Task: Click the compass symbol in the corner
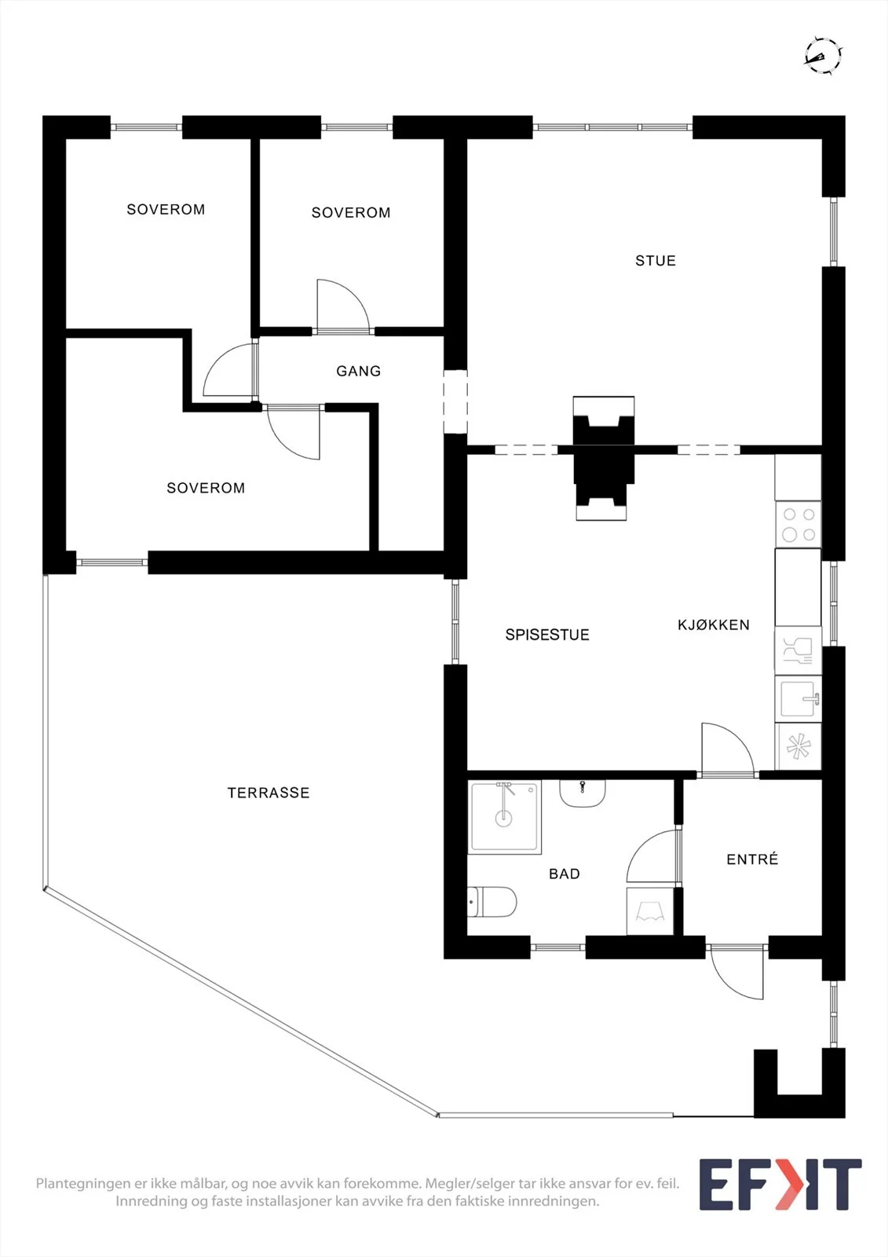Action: [824, 56]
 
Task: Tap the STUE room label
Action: [655, 260]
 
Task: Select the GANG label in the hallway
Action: [359, 371]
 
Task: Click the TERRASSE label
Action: [269, 793]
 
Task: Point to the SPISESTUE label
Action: [547, 635]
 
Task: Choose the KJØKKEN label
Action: [714, 625]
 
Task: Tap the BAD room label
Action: [565, 874]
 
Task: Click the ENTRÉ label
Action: [752, 859]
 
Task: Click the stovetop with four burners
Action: [798, 524]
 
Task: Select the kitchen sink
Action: [798, 699]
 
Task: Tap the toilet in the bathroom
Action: [492, 902]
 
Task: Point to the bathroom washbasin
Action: [583, 793]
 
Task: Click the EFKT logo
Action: [780, 1184]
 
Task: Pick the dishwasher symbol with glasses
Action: [798, 651]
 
